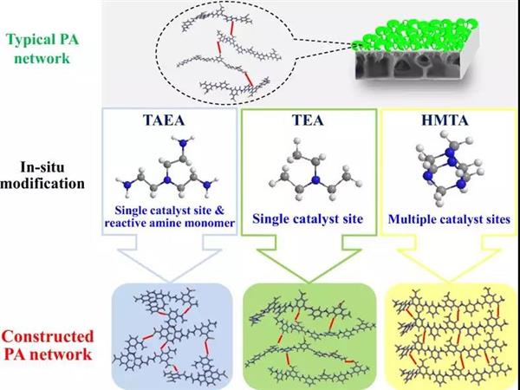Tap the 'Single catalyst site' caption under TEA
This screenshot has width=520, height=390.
pyautogui.click(x=307, y=220)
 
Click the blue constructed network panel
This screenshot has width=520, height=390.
pyautogui.click(x=171, y=335)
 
